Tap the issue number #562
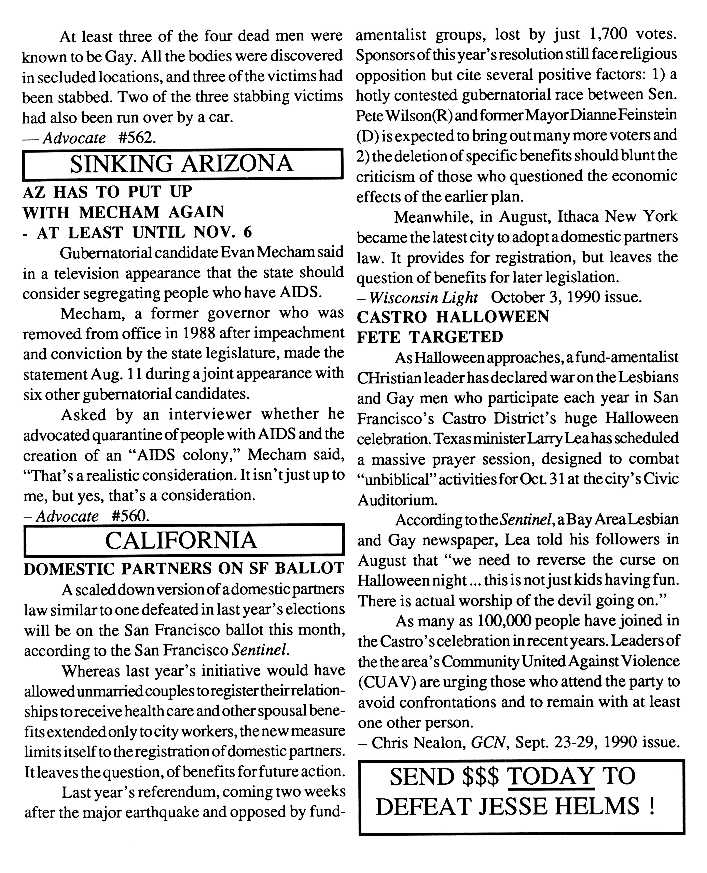click(137, 138)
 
